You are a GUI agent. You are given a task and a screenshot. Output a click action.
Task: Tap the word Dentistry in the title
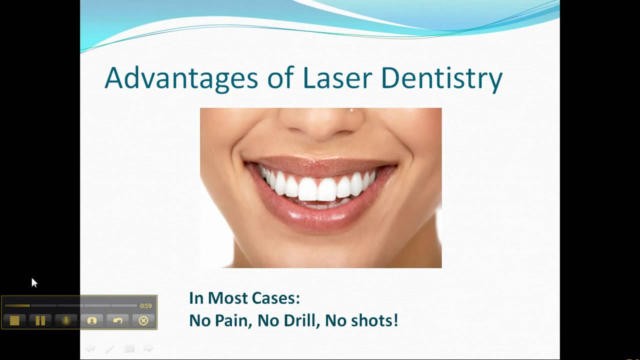pyautogui.click(x=441, y=78)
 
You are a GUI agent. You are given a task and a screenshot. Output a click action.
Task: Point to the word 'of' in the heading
pyautogui.click(x=280, y=78)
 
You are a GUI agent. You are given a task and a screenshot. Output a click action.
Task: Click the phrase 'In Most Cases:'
pyautogui.click(x=244, y=298)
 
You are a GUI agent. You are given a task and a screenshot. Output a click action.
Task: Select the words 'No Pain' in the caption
pyautogui.click(x=220, y=320)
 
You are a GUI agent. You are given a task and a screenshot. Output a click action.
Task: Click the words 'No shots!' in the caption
pyautogui.click(x=361, y=320)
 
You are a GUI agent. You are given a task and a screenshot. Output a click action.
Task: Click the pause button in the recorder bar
pyautogui.click(x=40, y=320)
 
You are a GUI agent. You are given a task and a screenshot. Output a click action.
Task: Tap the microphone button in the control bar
pyautogui.click(x=66, y=320)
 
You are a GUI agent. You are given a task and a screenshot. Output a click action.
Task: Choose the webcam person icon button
pyautogui.click(x=92, y=320)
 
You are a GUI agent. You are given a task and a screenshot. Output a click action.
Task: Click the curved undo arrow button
pyautogui.click(x=117, y=320)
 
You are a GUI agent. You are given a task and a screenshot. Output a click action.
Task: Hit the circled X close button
pyautogui.click(x=143, y=320)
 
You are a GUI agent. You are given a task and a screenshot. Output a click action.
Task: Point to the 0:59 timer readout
pyautogui.click(x=145, y=305)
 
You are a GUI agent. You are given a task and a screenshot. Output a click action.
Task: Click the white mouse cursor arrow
pyautogui.click(x=34, y=282)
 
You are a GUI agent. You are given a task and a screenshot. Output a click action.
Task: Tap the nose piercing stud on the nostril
pyautogui.click(x=351, y=110)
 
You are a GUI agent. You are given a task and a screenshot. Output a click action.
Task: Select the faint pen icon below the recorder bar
pyautogui.click(x=109, y=348)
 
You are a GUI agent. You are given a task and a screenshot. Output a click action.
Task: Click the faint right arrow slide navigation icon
pyautogui.click(x=148, y=348)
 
